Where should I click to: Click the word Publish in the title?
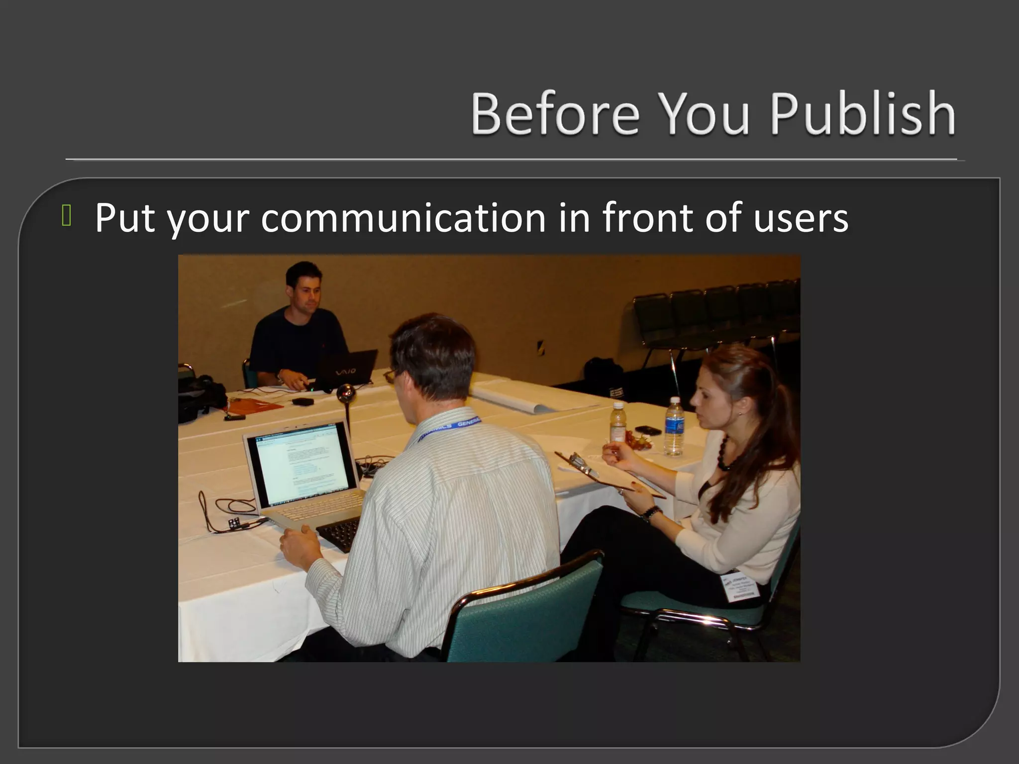pyautogui.click(x=862, y=113)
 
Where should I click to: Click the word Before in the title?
pyautogui.click(x=554, y=113)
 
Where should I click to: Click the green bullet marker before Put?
pyautogui.click(x=67, y=217)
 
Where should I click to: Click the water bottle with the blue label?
pyautogui.click(x=674, y=428)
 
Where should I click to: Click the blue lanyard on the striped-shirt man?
pyautogui.click(x=455, y=425)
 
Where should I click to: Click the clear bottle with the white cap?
pyautogui.click(x=617, y=423)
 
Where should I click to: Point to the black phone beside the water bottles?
pyautogui.click(x=647, y=430)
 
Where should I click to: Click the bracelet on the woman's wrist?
pyautogui.click(x=651, y=513)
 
